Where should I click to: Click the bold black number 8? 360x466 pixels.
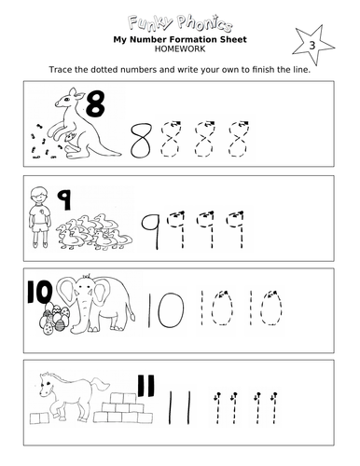(x=96, y=107)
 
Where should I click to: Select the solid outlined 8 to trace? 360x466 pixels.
(x=141, y=140)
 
